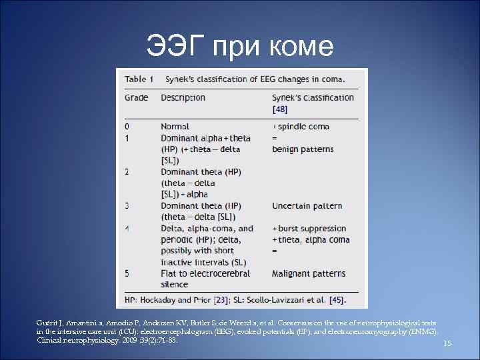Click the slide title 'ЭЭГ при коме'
(240, 45)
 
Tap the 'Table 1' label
(139, 79)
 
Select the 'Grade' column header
(137, 98)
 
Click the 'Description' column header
(183, 98)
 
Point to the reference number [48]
(281, 109)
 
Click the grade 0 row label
(127, 127)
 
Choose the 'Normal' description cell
(175, 127)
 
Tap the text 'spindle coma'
(303, 127)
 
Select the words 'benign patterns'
(303, 149)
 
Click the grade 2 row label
(127, 172)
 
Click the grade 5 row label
(127, 274)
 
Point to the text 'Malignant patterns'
(309, 274)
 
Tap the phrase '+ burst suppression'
(309, 229)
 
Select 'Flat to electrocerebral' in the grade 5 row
(205, 274)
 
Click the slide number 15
(447, 343)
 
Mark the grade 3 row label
(127, 206)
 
